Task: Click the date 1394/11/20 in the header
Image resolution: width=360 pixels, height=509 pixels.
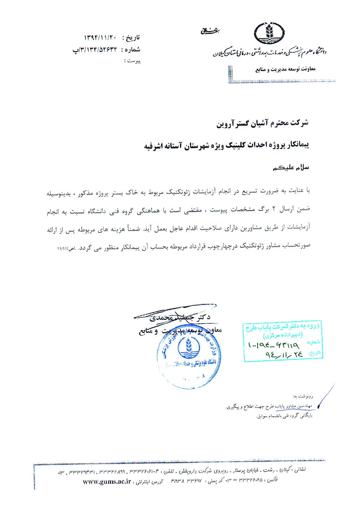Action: click(x=100, y=38)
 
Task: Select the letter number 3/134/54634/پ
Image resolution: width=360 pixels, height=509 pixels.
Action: click(x=94, y=50)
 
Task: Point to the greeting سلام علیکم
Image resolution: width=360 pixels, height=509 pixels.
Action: click(x=291, y=168)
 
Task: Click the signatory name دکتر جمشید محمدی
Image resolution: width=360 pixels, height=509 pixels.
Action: click(x=180, y=317)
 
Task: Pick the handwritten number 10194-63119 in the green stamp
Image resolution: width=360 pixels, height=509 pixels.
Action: click(x=273, y=345)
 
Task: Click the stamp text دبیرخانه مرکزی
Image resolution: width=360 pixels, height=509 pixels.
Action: click(x=282, y=335)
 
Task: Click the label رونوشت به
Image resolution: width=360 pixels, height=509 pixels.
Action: click(x=303, y=396)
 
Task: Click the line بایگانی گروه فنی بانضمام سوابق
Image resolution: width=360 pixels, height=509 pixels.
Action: click(x=284, y=416)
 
